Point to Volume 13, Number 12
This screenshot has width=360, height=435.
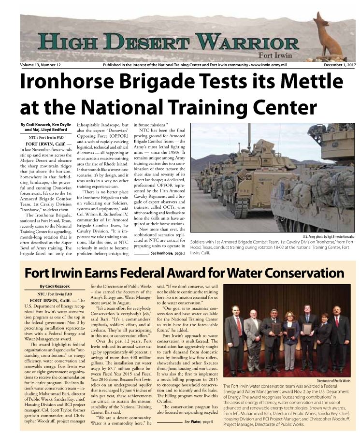click(41, 65)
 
